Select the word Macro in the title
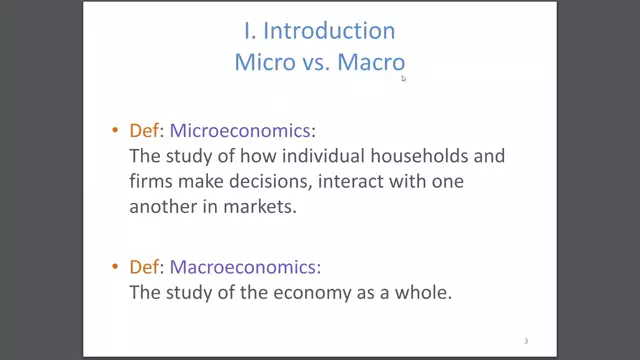tap(370, 61)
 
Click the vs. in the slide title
tap(314, 61)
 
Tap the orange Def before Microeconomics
tap(144, 131)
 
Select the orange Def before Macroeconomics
tap(144, 267)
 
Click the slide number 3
tap(526, 341)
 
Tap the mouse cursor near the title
tap(404, 78)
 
